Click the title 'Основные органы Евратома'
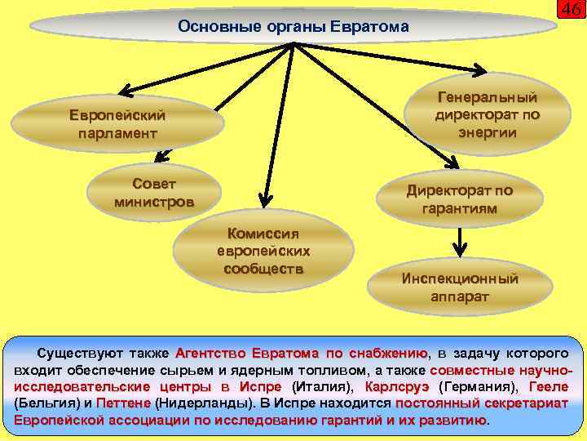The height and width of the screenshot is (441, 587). point(293,27)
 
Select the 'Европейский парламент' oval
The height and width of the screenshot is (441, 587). point(117,123)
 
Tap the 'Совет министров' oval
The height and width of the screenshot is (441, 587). point(154,193)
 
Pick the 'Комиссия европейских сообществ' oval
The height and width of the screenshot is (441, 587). point(263,249)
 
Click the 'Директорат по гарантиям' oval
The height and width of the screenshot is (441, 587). point(460,200)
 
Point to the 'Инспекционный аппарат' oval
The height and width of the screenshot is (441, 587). point(460,287)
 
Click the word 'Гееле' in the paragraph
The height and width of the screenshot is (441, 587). point(549,386)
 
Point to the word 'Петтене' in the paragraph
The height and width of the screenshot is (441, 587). point(122,403)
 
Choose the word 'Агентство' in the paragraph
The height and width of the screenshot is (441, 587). point(210,353)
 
